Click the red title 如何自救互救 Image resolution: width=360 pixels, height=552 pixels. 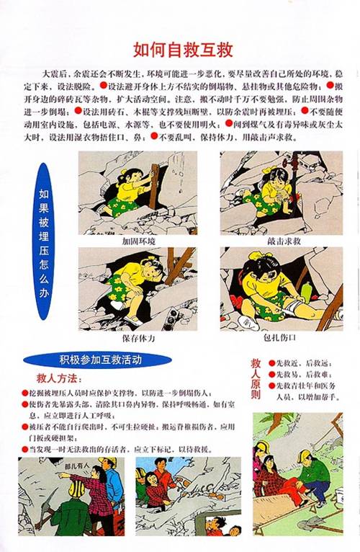[x=182, y=50]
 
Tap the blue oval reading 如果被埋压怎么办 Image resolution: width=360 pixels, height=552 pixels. [x=45, y=242]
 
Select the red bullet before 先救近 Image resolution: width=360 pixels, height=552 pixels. [x=272, y=365]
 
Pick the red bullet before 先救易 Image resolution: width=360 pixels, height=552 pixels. [x=272, y=375]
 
